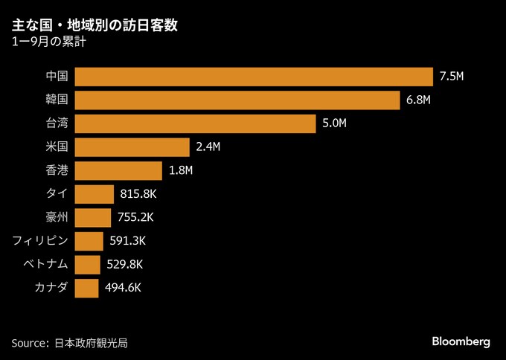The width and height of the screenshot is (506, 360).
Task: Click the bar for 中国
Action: [254, 77]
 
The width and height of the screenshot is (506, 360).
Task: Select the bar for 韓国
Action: [238, 100]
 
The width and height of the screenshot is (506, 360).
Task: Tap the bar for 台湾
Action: [196, 123]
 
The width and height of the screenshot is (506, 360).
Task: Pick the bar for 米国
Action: [132, 147]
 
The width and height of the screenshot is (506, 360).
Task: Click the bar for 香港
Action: [118, 170]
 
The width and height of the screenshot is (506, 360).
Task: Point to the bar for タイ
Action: [95, 194]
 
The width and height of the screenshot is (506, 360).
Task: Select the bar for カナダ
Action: [86, 288]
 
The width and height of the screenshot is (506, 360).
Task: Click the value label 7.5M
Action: [452, 77]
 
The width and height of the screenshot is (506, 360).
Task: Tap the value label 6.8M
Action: [419, 100]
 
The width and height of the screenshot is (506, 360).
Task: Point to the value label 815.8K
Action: [138, 194]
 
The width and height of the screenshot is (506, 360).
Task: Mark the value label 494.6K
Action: [124, 288]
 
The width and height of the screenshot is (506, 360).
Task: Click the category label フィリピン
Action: [41, 241]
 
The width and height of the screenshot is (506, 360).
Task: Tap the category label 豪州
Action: [57, 217]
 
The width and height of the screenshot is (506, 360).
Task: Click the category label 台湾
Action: [57, 123]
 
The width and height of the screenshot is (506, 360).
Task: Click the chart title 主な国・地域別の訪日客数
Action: [95, 27]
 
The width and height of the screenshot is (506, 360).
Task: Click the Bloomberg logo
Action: [461, 341]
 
